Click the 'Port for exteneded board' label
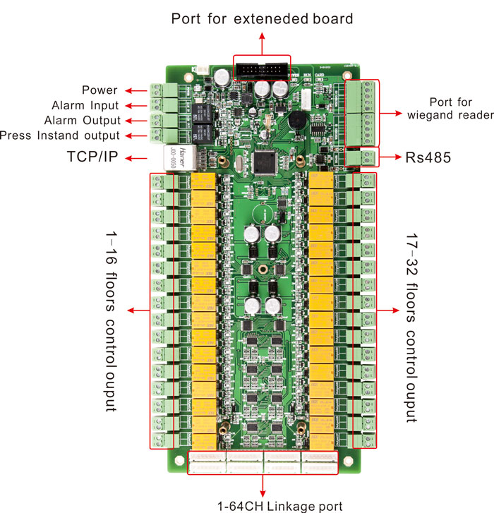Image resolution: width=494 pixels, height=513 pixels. [x=262, y=19]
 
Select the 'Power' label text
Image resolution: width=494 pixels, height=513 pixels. [x=100, y=90]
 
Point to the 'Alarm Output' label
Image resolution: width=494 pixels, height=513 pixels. [x=82, y=121]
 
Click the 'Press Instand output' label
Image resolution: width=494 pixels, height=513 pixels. [x=60, y=135]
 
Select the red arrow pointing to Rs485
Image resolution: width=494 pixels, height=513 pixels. [x=391, y=157]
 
